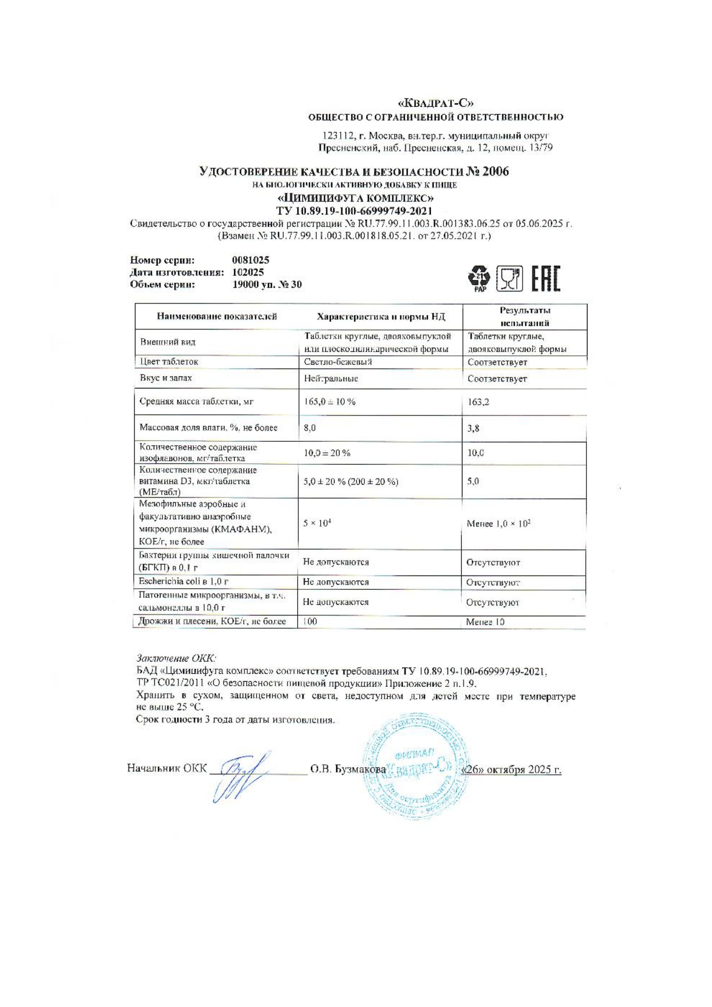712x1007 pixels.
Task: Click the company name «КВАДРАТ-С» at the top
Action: (435, 103)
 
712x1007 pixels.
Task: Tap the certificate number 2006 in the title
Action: (496, 172)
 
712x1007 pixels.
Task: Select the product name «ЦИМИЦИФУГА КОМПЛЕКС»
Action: (355, 199)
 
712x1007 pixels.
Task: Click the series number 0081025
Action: (251, 261)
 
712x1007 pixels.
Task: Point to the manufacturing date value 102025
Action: (248, 273)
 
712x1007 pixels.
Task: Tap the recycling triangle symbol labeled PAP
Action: (480, 278)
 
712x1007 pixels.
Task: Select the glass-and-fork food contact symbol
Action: (509, 279)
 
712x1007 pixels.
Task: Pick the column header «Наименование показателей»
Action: (217, 317)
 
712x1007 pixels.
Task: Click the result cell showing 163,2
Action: (478, 402)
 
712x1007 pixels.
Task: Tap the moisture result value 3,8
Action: (473, 428)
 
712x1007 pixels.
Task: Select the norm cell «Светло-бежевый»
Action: (338, 362)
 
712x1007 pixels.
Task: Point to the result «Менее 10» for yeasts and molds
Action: (485, 622)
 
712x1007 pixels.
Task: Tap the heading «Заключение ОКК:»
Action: (176, 658)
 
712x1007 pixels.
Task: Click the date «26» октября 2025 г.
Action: (511, 769)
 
